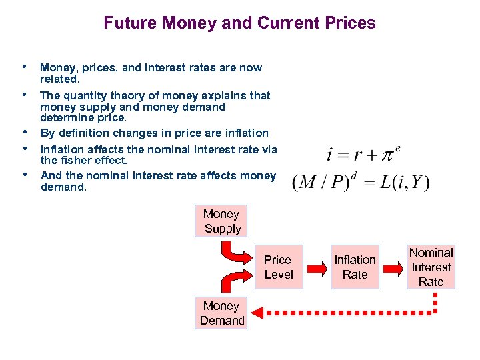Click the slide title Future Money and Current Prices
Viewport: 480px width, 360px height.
pos(239,23)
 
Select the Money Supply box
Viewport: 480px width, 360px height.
pos(222,221)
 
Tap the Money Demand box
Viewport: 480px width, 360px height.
pos(222,313)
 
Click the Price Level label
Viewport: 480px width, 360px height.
pos(278,267)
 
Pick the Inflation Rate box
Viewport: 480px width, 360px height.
pos(355,267)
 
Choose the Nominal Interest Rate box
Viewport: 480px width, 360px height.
pos(431,267)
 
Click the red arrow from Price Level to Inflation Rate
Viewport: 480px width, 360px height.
pos(316,267)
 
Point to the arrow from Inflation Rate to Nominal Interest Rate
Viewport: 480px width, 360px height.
pos(393,267)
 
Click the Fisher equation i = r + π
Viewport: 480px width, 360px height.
pos(363,154)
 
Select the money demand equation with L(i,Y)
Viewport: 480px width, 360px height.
pos(361,182)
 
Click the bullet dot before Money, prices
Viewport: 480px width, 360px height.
pos(25,67)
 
